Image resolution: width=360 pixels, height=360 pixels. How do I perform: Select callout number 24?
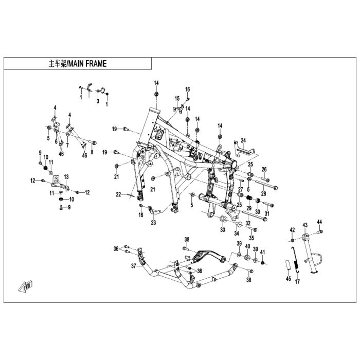coord(244,139)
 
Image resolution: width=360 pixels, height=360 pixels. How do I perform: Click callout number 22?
coord(118,194)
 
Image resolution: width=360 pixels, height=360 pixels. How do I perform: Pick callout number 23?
coord(153,223)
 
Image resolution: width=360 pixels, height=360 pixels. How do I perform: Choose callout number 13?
coord(66,176)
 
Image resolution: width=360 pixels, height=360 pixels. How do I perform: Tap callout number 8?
coord(92,152)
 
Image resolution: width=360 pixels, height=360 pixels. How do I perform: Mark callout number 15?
coord(176,98)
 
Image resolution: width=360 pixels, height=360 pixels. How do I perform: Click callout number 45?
coord(289,279)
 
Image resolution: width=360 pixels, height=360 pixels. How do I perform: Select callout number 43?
coord(304,225)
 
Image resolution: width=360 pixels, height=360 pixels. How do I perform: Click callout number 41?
coord(263,251)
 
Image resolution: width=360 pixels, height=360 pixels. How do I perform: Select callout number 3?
coord(98,101)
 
